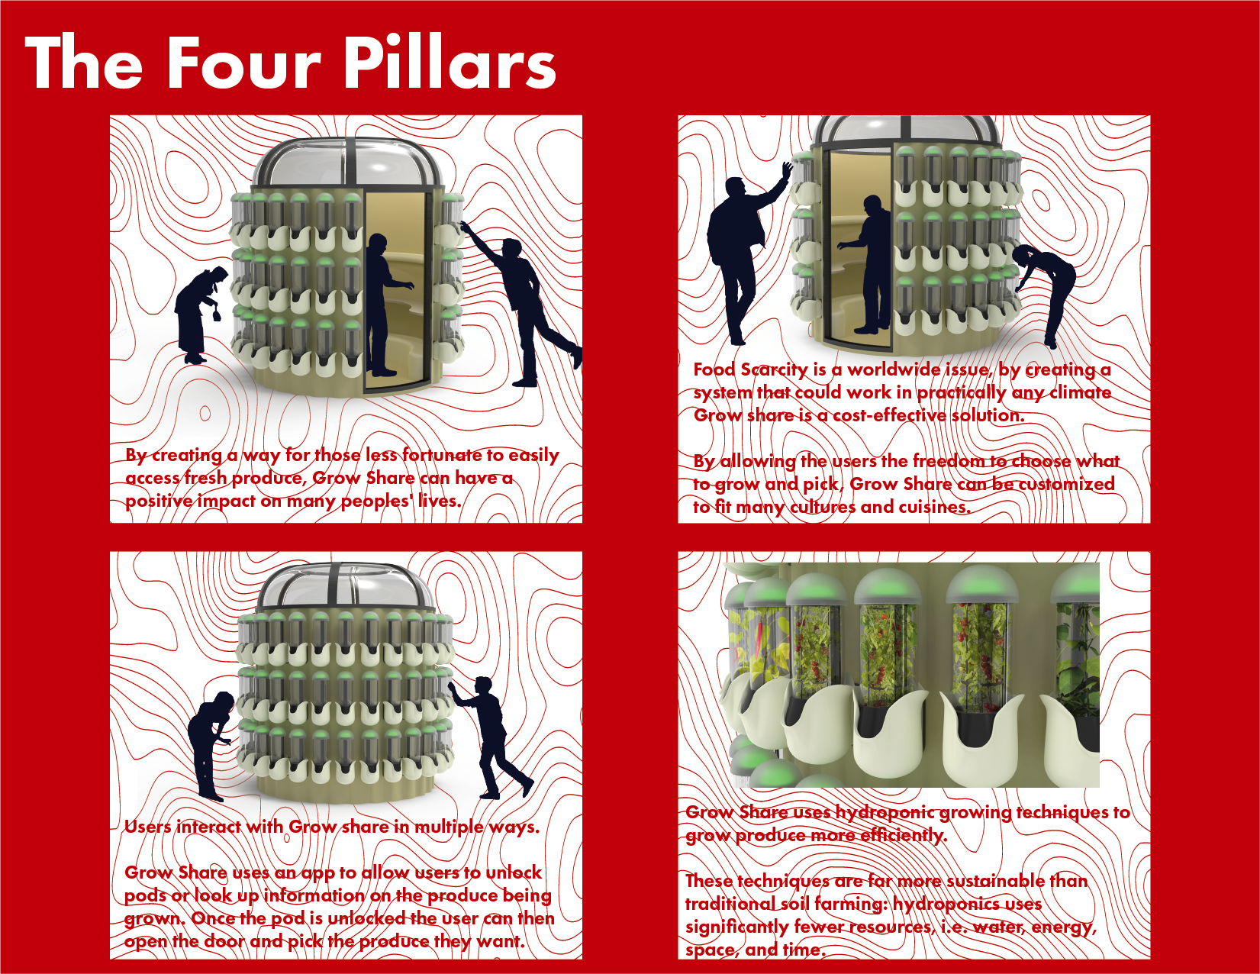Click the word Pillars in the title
click(450, 62)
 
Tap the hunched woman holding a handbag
click(200, 314)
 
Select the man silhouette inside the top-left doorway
click(386, 305)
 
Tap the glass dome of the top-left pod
click(347, 163)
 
